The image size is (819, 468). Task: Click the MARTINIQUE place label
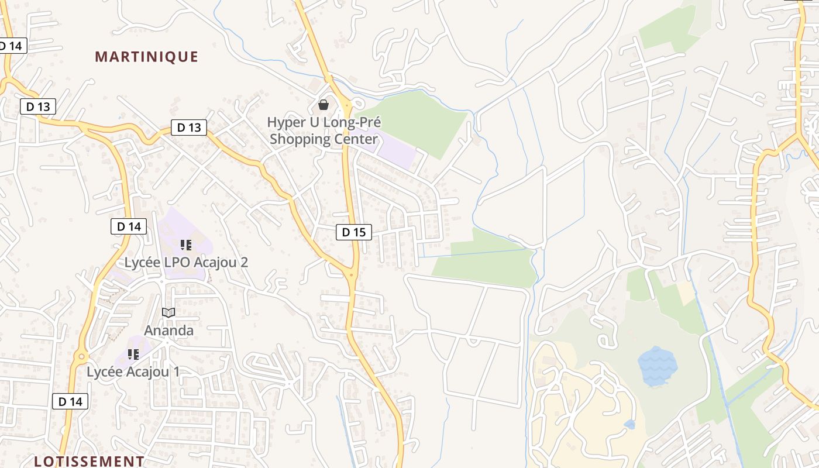click(146, 57)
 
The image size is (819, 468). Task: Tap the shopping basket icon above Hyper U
click(324, 105)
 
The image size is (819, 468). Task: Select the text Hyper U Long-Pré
click(324, 123)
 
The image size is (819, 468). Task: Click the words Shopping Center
click(324, 139)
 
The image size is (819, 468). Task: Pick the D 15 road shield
click(354, 232)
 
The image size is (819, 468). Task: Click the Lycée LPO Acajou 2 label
click(186, 262)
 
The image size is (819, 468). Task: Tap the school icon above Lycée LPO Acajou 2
click(186, 245)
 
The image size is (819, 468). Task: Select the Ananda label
click(168, 331)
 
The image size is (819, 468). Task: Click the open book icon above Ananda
click(168, 312)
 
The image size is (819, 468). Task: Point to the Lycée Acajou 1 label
click(133, 371)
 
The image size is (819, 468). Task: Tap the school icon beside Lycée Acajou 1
click(133, 354)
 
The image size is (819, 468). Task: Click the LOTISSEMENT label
click(89, 461)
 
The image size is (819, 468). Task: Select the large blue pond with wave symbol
click(658, 366)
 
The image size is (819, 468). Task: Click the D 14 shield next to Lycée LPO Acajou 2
click(128, 226)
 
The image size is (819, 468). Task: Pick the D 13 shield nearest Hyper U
click(189, 128)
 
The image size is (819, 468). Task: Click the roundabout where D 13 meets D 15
click(352, 274)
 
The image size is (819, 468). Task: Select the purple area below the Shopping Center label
click(398, 153)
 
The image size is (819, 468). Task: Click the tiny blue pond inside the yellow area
click(629, 424)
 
